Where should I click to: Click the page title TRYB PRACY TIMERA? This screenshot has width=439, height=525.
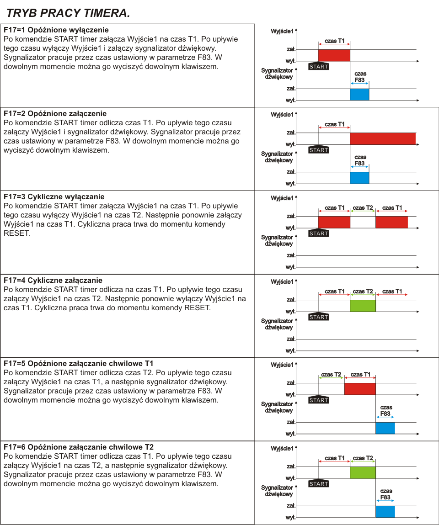click(68, 13)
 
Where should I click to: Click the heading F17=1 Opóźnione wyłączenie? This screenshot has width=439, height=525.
click(56, 30)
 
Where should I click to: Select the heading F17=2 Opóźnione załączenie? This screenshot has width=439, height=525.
click(55, 113)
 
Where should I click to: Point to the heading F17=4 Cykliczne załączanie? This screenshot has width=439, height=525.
click(53, 280)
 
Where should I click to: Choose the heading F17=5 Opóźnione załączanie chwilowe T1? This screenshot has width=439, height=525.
click(79, 364)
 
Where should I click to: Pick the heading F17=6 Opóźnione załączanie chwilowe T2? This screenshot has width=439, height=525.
click(79, 447)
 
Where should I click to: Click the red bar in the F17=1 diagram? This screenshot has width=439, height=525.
click(334, 55)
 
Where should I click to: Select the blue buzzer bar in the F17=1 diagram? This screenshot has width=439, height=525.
click(359, 95)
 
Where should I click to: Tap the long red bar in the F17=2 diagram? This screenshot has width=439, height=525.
click(383, 138)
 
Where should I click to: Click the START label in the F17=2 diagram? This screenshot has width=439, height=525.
click(319, 150)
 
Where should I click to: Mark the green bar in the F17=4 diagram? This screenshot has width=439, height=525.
click(363, 306)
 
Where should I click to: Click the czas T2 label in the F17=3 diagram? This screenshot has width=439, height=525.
click(363, 208)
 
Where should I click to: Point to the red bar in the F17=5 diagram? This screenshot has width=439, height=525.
click(360, 389)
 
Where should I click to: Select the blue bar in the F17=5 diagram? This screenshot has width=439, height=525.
click(385, 428)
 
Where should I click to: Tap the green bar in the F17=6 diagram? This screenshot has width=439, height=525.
click(363, 472)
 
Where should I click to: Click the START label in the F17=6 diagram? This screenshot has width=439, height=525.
click(319, 484)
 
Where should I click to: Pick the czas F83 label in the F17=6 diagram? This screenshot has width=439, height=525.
click(385, 494)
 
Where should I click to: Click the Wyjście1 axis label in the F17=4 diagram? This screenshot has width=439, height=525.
click(282, 281)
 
